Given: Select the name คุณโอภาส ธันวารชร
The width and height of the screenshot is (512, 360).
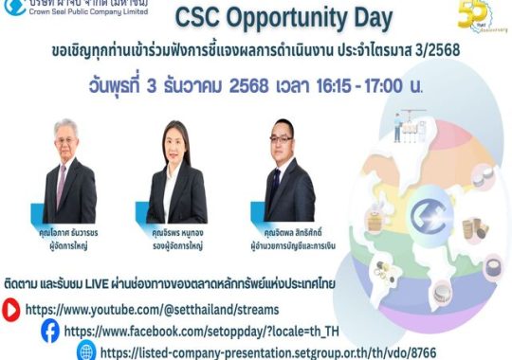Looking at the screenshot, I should pos(70,231).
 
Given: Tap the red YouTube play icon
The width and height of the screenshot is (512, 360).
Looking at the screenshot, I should pos(11,308).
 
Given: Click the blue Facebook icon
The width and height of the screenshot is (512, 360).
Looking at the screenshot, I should pos(49,330).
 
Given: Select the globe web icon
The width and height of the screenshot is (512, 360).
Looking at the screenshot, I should pos(86,351).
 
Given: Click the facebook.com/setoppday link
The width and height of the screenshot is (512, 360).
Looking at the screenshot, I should pos(194,331).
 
